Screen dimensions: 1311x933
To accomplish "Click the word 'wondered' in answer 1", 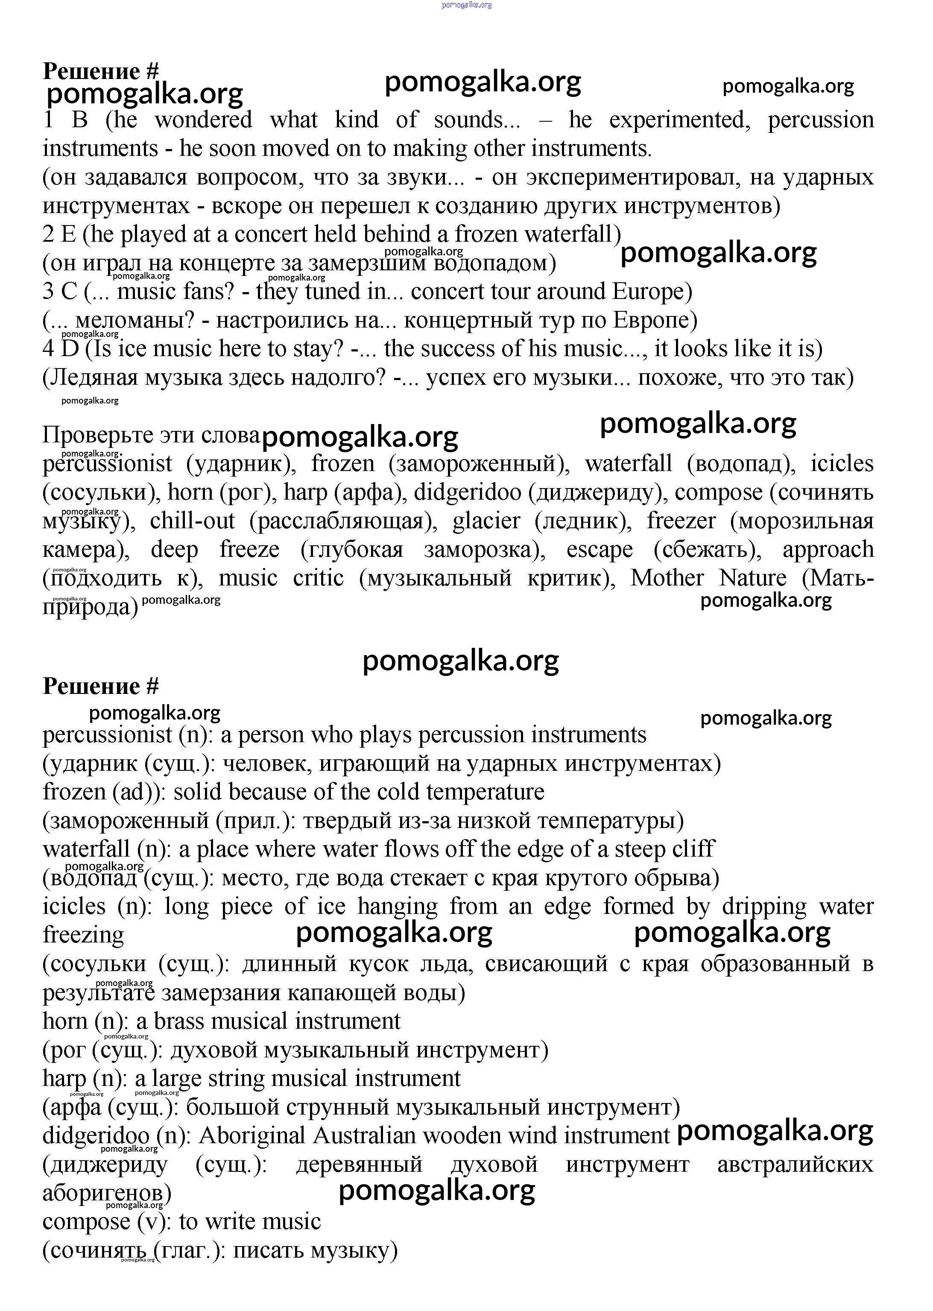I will (203, 120).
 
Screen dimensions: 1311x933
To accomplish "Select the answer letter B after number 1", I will (80, 120).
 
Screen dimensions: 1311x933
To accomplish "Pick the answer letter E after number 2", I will (68, 234).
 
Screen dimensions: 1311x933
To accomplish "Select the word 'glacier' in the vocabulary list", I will (486, 521).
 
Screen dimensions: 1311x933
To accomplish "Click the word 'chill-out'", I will (193, 521).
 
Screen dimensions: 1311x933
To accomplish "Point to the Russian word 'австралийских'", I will (795, 1165).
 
